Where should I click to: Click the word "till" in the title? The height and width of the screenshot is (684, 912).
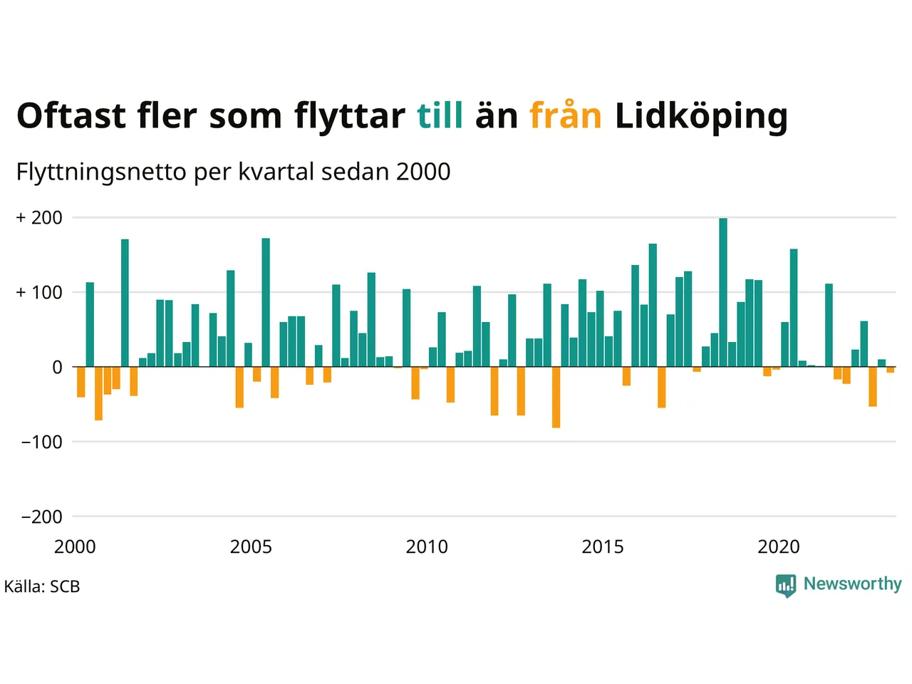pos(440,115)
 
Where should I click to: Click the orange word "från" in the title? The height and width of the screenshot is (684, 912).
pos(566,115)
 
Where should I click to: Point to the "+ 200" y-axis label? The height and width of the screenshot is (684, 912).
pos(39,218)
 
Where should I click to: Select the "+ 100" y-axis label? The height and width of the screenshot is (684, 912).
pos(39,292)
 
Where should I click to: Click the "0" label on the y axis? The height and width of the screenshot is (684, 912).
pos(57,368)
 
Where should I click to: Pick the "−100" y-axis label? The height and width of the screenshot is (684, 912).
pos(41,442)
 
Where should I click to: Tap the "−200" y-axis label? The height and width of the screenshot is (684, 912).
pos(41,517)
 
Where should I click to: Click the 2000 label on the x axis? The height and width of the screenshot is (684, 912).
pos(75,547)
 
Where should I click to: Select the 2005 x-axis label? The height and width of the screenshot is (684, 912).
pos(251,547)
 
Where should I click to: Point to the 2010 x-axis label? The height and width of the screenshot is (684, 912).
pos(427,547)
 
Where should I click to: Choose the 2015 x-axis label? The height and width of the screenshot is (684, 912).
pos(603,547)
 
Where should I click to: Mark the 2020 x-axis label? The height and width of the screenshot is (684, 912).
pos(779,547)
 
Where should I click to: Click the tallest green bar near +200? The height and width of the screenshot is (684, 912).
pos(723,292)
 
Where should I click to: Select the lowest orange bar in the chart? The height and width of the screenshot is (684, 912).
pos(556,398)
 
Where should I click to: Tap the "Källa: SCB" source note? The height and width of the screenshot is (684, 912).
pos(42,587)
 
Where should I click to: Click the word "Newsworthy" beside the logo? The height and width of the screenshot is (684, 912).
pos(852,584)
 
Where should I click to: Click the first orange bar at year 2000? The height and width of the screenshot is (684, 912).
pos(81,382)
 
